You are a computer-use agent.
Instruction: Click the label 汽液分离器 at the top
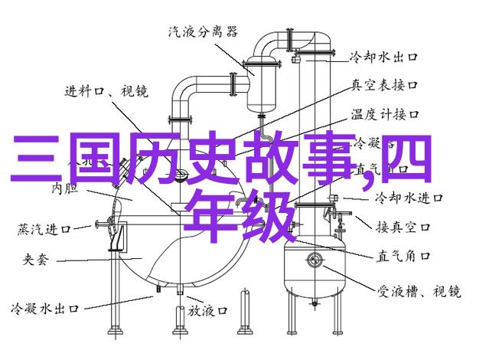[203, 31]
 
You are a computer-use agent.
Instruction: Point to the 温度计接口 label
[383, 115]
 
